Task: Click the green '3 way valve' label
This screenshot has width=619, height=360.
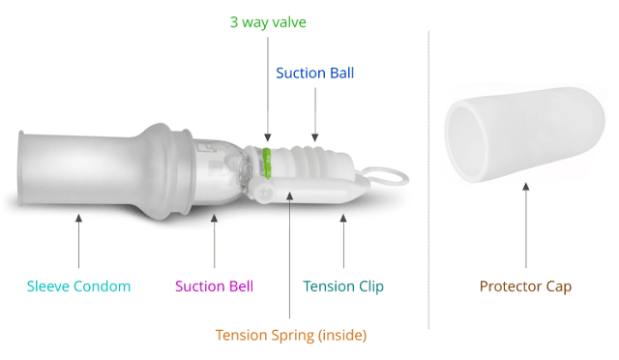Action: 268,22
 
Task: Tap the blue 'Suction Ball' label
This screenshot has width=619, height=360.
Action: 315,74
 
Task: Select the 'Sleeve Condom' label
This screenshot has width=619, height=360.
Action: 78,286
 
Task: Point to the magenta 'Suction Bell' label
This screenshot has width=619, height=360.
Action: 215,286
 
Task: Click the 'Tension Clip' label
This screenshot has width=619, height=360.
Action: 343,286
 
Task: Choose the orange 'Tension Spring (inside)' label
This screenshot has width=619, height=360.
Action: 291,336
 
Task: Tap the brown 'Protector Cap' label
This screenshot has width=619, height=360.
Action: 525,286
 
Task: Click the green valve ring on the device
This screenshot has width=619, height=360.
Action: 267,163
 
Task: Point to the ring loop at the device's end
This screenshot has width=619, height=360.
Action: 384,176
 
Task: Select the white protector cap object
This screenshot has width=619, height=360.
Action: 525,135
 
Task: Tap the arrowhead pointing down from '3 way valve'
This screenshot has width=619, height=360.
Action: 268,137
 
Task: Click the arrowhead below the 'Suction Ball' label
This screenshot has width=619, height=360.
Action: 315,137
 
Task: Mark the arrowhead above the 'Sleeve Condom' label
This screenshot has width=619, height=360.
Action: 79,218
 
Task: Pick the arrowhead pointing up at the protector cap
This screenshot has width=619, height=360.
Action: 526,187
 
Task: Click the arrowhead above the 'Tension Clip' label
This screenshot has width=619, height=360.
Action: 343,218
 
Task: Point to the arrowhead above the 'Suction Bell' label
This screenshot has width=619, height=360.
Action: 215,218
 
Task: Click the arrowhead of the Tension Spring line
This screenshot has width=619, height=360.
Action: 290,195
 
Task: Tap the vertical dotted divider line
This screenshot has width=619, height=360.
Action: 428,180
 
